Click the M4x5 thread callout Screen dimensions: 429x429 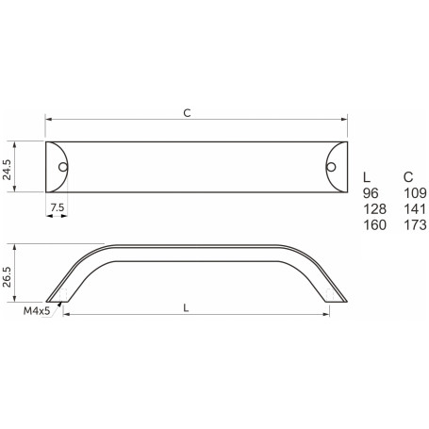[35, 308]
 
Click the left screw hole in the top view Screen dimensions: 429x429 [63, 167]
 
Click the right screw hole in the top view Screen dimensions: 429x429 [330, 167]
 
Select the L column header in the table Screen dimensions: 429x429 [368, 176]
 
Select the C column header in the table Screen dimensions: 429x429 [407, 176]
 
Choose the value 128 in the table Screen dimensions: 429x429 [374, 208]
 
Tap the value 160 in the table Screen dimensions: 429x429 [374, 224]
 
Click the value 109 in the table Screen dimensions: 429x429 [414, 192]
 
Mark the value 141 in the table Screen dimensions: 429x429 [414, 208]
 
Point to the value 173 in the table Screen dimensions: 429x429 [414, 224]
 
